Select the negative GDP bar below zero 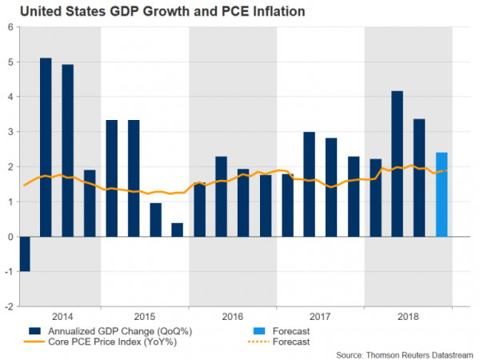[x=24, y=254]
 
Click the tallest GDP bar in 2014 [x=46, y=147]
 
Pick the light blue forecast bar [x=441, y=194]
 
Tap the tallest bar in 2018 [x=397, y=164]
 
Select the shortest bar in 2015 [x=178, y=230]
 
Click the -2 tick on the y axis [x=8, y=306]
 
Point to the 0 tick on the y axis [x=10, y=237]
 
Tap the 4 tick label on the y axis [x=10, y=97]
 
